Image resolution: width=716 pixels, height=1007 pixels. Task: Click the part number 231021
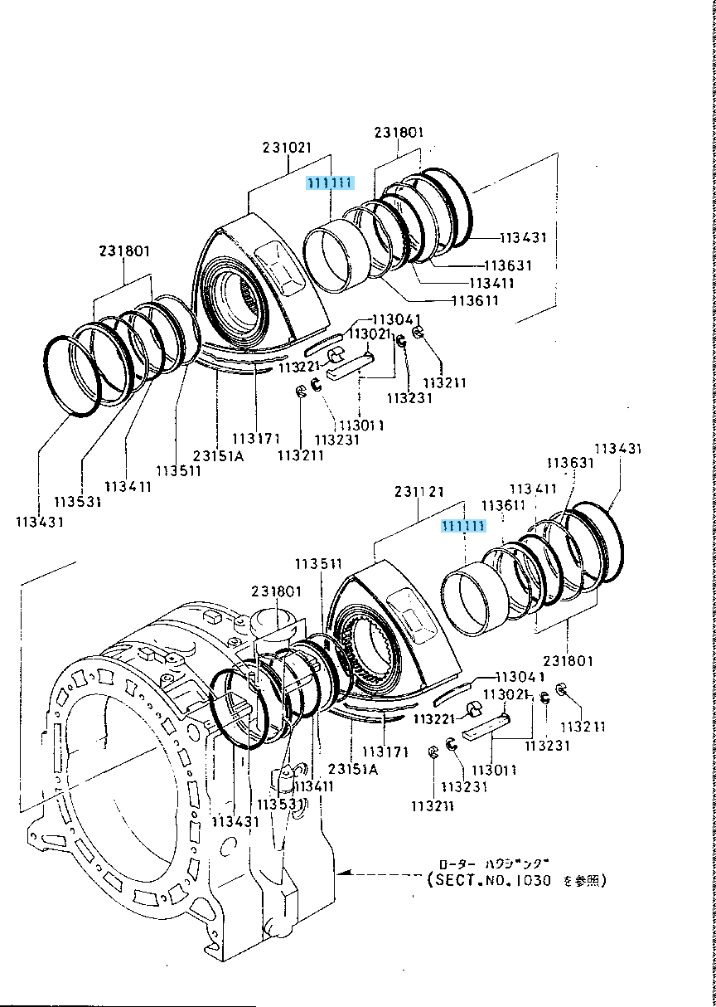coord(288,148)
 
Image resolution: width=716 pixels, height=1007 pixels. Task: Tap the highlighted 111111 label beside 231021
coord(330,183)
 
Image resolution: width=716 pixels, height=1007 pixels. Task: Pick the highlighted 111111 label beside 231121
coord(463,526)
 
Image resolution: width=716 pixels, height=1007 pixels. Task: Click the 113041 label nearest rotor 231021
coord(396,320)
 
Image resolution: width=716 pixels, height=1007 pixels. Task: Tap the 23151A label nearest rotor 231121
coord(354,769)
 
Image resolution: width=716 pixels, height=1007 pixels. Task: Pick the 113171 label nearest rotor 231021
coord(254,438)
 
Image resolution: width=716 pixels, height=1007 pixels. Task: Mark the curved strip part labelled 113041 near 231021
coord(324,341)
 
